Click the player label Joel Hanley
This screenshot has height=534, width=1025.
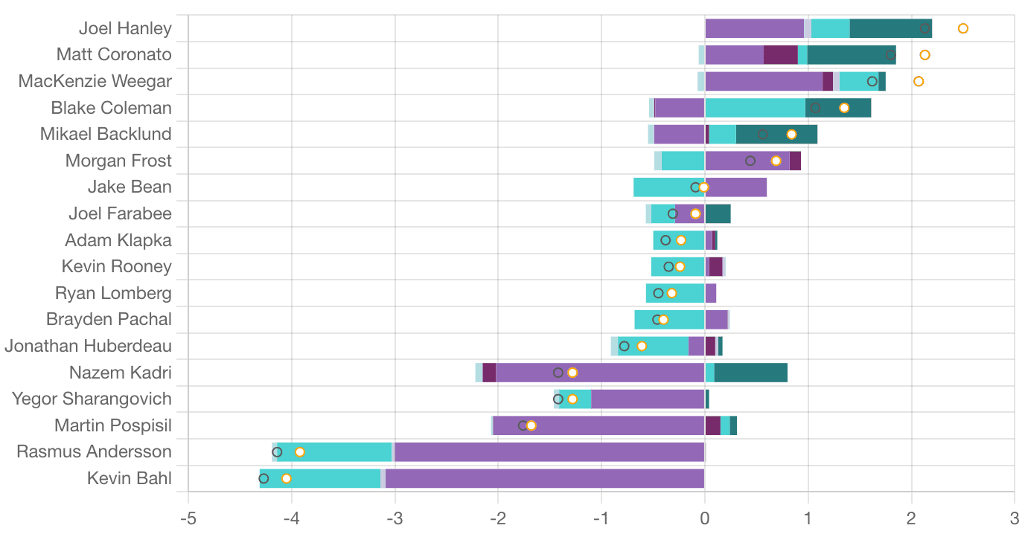pyautogui.click(x=125, y=29)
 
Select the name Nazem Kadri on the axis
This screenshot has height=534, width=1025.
pyautogui.click(x=120, y=373)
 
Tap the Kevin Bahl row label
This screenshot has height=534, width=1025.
pyautogui.click(x=130, y=478)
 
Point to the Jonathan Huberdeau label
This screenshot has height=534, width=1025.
pyautogui.click(x=88, y=346)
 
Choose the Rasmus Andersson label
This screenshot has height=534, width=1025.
pyautogui.click(x=94, y=451)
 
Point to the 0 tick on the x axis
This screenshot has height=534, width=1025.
pyautogui.click(x=705, y=518)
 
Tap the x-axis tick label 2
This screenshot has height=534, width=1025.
pyautogui.click(x=911, y=518)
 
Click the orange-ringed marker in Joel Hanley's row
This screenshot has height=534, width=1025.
pyautogui.click(x=962, y=28)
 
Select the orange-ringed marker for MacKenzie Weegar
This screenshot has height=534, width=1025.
pyautogui.click(x=919, y=81)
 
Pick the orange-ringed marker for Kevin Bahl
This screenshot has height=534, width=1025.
pyautogui.click(x=286, y=478)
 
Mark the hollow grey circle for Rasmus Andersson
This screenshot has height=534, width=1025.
pyautogui.click(x=277, y=451)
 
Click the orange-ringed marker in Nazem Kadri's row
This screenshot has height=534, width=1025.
pyautogui.click(x=572, y=373)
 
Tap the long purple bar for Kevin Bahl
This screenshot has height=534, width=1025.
pyautogui.click(x=543, y=478)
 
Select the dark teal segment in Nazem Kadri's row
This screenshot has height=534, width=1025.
pyautogui.click(x=750, y=373)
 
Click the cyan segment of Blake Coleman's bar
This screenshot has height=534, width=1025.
pyautogui.click(x=755, y=108)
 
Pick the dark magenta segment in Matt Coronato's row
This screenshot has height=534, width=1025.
pyautogui.click(x=780, y=55)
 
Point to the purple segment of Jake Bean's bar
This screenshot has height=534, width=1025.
pyautogui.click(x=735, y=187)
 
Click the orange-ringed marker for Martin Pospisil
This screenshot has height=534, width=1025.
pyautogui.click(x=531, y=425)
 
